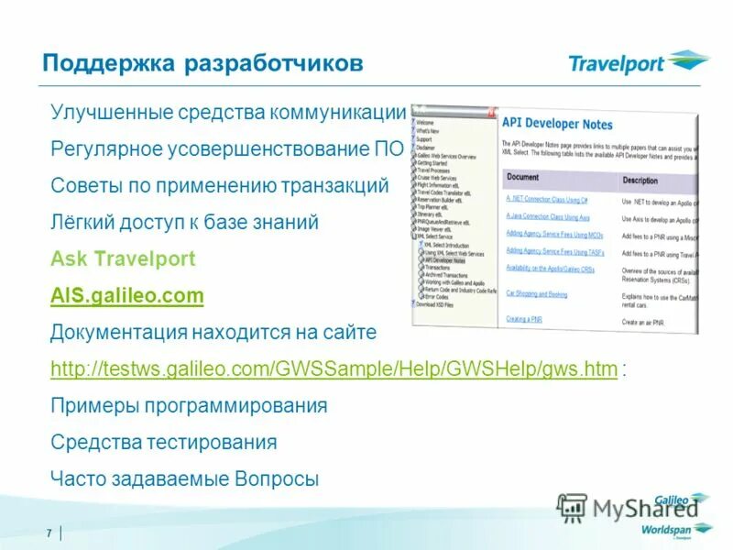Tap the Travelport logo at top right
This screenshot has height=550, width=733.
tap(638, 63)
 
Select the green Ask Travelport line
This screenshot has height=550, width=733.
tap(123, 258)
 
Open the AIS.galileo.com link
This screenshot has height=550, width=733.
tap(126, 296)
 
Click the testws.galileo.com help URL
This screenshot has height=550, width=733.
tap(334, 369)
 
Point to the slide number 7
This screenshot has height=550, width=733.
tap(47, 533)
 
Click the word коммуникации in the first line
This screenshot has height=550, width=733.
tap(337, 112)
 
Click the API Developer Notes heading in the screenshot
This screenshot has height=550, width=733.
tap(558, 124)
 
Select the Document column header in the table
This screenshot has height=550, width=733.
tap(522, 177)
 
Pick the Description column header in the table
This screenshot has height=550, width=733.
tap(640, 181)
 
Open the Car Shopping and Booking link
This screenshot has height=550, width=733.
tap(536, 294)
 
